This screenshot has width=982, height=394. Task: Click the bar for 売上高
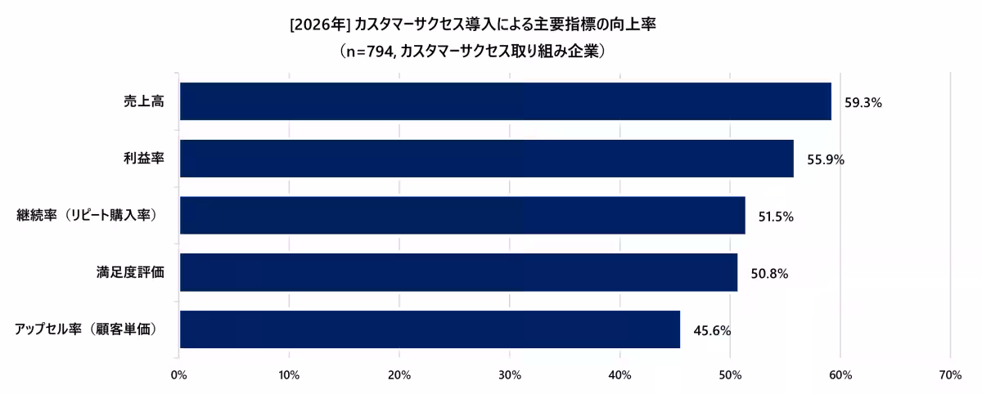pyautogui.click(x=505, y=101)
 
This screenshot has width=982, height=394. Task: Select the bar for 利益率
pyautogui.click(x=486, y=159)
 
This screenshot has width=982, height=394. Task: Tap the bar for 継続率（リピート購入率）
pyautogui.click(x=462, y=216)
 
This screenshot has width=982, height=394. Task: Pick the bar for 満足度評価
pyautogui.click(x=458, y=272)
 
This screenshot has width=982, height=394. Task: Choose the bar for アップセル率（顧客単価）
pyautogui.click(x=430, y=329)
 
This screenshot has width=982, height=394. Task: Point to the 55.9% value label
pyautogui.click(x=825, y=160)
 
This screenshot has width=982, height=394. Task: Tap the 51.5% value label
pyautogui.click(x=776, y=217)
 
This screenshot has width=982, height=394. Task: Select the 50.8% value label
pyautogui.click(x=769, y=274)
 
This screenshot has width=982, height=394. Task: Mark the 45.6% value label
pyautogui.click(x=712, y=331)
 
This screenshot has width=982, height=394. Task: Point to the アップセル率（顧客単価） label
pyautogui.click(x=85, y=329)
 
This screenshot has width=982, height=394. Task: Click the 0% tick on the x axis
pyautogui.click(x=178, y=374)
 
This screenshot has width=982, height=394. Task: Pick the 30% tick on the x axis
pyautogui.click(x=509, y=374)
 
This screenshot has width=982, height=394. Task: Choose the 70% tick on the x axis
pyautogui.click(x=950, y=374)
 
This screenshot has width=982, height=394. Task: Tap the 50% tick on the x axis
pyautogui.click(x=730, y=374)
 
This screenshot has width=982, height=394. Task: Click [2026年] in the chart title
pyautogui.click(x=320, y=25)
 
